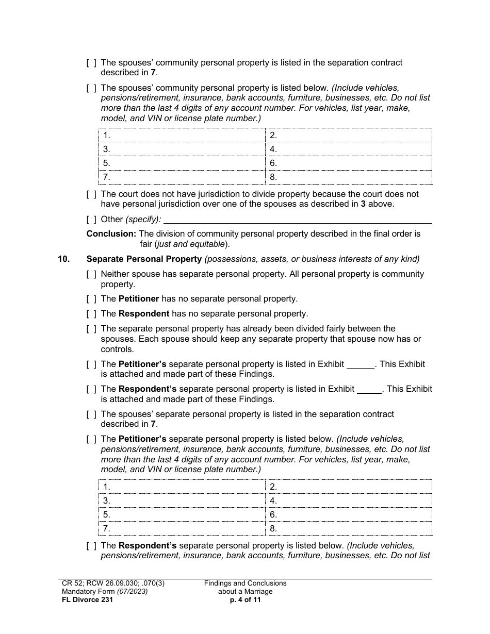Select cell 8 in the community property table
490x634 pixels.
coord(349,177)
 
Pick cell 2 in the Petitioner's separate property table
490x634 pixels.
coord(349,487)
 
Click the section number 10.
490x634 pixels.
coord(63,259)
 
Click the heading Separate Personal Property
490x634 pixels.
coord(144,259)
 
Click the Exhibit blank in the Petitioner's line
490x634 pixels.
coord(360,364)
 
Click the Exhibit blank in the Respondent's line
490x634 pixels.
coord(369,389)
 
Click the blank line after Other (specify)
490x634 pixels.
coord(297,220)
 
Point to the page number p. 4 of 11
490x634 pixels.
coord(245,599)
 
